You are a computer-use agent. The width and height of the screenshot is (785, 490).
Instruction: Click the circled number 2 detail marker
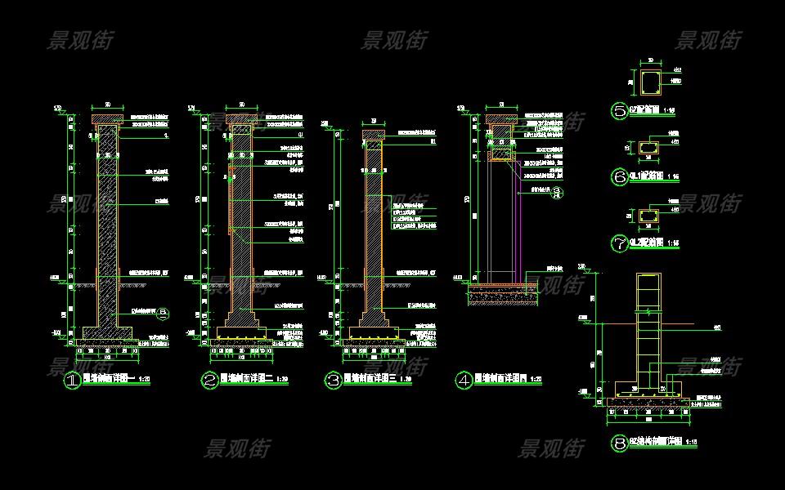point(209,381)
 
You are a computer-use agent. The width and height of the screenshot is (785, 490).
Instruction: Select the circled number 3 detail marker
point(333,381)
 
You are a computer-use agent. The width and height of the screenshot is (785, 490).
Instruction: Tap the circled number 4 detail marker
point(464,381)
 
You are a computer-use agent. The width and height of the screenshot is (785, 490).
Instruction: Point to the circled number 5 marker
point(620,110)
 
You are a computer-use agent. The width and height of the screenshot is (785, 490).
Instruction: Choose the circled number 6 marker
point(620,176)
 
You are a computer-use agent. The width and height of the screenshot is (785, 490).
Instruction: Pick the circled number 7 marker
point(620,243)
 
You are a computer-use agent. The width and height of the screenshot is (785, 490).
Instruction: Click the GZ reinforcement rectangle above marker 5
point(651,82)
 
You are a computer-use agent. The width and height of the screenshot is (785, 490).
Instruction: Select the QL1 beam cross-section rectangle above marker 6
point(651,148)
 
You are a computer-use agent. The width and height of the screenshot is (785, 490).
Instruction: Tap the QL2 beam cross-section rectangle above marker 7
point(651,215)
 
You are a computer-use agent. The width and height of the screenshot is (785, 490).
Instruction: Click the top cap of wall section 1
point(107,121)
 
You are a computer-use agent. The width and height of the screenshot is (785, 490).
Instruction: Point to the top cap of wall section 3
point(373,134)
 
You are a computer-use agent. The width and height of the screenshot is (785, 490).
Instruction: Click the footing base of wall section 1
point(107,332)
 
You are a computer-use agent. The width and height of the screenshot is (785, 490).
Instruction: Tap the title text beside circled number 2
point(249,380)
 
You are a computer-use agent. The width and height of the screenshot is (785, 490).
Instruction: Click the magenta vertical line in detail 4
point(521,220)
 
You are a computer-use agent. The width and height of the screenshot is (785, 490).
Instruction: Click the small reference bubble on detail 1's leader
point(164,312)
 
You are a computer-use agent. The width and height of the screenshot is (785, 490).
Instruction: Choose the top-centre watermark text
point(394,39)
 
